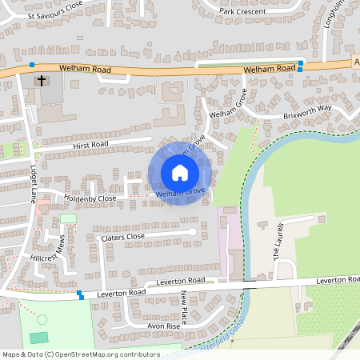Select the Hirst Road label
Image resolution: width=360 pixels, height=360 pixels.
89,145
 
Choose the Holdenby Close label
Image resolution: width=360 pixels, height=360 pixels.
90,198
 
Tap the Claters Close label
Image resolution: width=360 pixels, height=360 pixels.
121,237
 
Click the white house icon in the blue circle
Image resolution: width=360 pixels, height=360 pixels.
179,171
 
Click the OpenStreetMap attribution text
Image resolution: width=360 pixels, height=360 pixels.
81,353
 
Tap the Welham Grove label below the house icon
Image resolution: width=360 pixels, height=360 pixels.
182,193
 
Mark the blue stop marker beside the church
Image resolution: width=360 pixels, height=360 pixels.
32,64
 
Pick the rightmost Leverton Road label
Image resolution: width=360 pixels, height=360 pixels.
337,280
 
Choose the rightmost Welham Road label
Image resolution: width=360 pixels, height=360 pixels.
270,70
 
